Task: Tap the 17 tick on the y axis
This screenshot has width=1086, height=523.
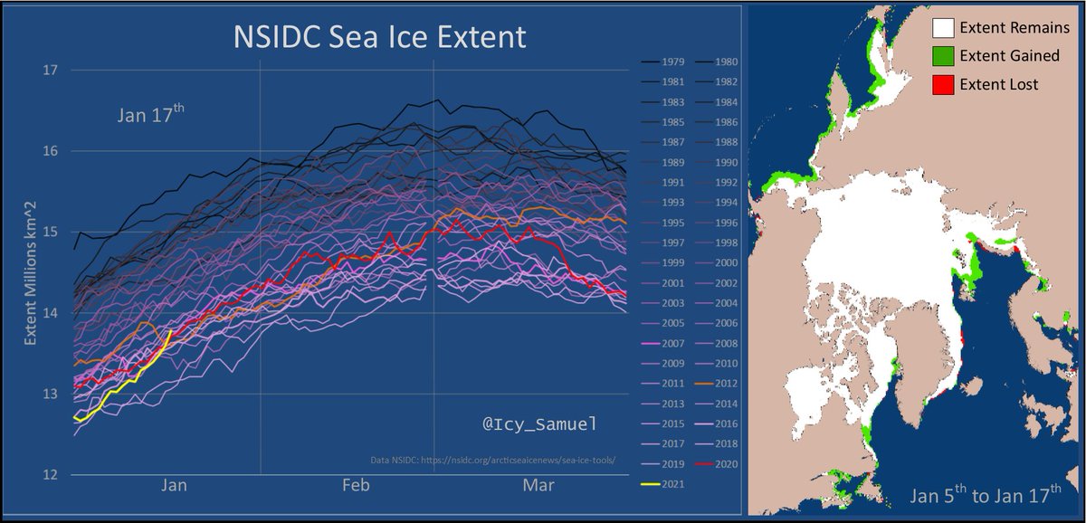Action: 50,70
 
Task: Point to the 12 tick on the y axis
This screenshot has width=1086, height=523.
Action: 50,474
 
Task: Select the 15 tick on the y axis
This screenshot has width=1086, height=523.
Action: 50,232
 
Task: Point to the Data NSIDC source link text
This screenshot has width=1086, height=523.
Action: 493,459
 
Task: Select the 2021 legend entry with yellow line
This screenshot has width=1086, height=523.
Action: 672,486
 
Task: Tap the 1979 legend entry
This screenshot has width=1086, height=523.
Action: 672,62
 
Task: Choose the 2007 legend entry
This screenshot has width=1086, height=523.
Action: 672,344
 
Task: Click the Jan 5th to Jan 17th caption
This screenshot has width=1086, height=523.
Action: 986,497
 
